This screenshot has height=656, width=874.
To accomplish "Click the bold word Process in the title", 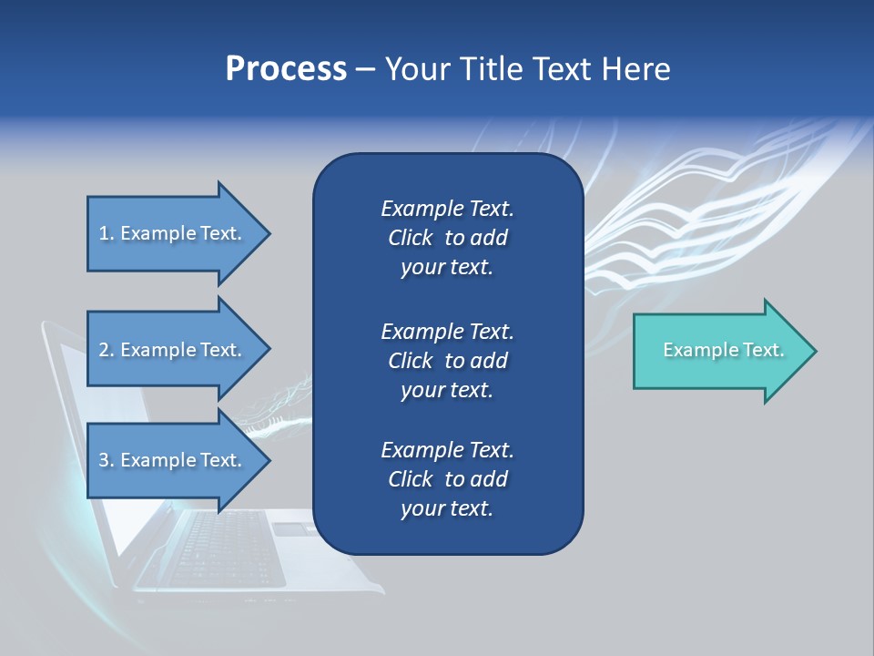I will (x=286, y=69).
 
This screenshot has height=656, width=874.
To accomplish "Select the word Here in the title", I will (x=636, y=69).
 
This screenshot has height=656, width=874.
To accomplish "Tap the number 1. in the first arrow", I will (x=107, y=233).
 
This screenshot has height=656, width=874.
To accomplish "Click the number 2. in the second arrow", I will (x=107, y=350).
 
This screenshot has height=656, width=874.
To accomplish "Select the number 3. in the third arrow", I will (x=107, y=460).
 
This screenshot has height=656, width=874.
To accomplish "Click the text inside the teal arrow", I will (x=724, y=350).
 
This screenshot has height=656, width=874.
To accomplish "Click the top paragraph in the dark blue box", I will (x=447, y=238).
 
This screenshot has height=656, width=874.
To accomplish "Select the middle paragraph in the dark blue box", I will (x=447, y=361).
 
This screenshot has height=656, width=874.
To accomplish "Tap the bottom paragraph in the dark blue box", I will (x=447, y=479).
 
